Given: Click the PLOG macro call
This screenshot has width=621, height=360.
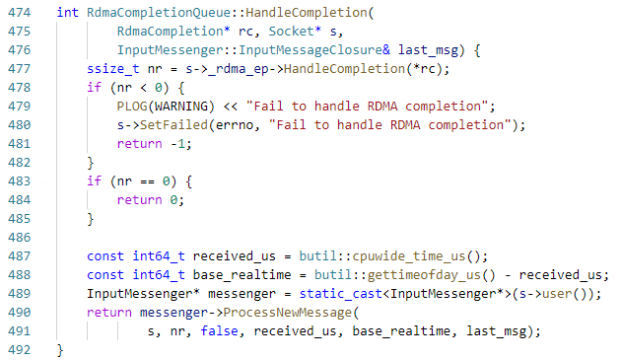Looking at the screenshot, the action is click(133, 106).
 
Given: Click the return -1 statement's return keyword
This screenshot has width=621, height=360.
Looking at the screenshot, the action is click(137, 143).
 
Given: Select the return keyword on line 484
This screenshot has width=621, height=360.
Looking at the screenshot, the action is click(137, 199).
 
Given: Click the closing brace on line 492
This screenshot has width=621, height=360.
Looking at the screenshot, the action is click(61, 349).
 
